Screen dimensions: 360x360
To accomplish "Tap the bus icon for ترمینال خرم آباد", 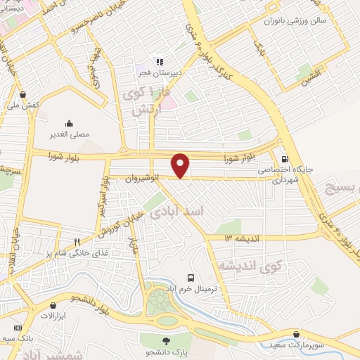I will click(191, 278).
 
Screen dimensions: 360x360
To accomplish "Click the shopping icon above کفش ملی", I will click(23, 94).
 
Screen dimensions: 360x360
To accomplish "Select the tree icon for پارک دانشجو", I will click(166, 342).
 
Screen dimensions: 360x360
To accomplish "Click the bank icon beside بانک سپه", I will click(18, 329).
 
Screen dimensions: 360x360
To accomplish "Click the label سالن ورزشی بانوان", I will click(300, 22).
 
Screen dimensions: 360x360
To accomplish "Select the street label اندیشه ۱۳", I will click(238, 238).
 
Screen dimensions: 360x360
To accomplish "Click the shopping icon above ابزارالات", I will click(53, 306).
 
